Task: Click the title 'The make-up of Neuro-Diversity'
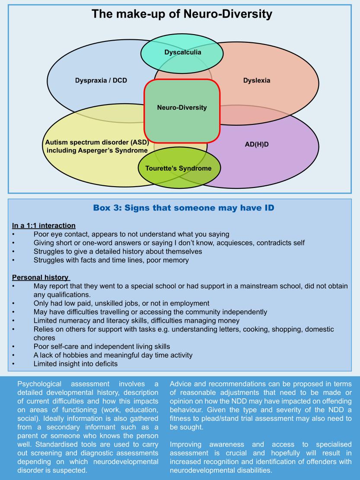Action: coord(182,14)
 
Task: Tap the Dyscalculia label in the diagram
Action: coord(182,53)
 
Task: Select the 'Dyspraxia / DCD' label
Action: coord(101,80)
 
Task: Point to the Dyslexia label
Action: coord(256,80)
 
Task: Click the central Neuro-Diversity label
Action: coord(182,108)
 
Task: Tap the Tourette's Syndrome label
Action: coord(178,168)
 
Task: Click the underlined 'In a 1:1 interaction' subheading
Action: coord(44,226)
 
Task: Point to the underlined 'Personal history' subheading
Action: coord(41,277)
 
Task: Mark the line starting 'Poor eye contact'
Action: coord(131,234)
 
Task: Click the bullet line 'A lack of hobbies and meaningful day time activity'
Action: coord(119,355)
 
